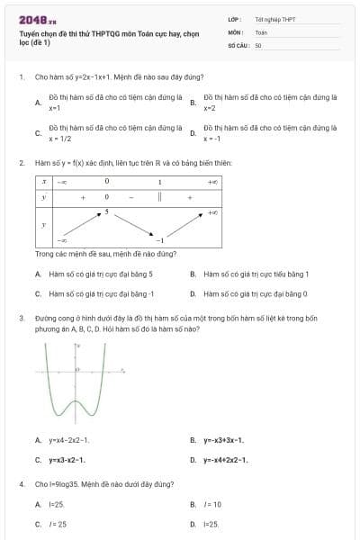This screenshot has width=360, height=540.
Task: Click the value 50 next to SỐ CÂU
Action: click(x=258, y=44)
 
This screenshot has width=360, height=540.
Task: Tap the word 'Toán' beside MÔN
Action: click(x=261, y=31)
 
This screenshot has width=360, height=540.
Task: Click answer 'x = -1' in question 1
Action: click(x=211, y=139)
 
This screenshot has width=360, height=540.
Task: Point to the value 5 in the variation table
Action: click(x=106, y=212)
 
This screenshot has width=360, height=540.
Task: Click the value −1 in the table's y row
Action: click(x=159, y=240)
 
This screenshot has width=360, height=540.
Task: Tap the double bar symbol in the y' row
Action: click(x=159, y=196)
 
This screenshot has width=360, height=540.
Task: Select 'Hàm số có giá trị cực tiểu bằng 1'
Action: click(x=256, y=274)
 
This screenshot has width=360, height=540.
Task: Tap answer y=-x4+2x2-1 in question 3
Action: click(x=226, y=460)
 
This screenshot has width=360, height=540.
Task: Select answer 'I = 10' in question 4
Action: click(x=212, y=504)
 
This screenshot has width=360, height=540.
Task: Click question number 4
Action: click(x=21, y=484)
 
